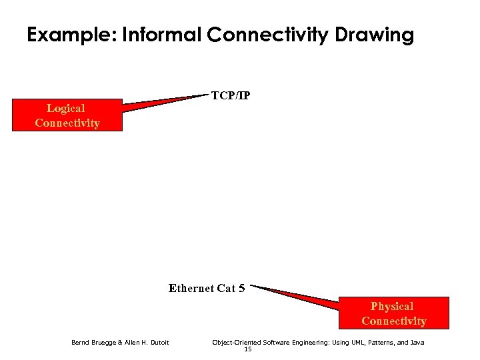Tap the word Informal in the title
(160, 35)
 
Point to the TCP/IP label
(231, 95)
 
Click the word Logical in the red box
(65, 108)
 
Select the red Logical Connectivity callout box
(67, 115)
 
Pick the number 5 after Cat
(241, 288)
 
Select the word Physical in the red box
(392, 306)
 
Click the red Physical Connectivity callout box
(393, 313)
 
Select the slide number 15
(247, 349)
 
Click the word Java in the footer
(417, 343)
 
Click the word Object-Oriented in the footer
(235, 343)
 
